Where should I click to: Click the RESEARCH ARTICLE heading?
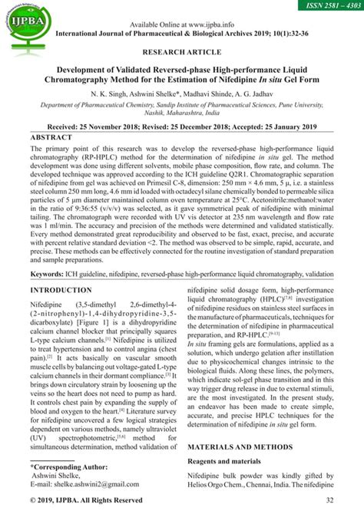pos(182,55)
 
